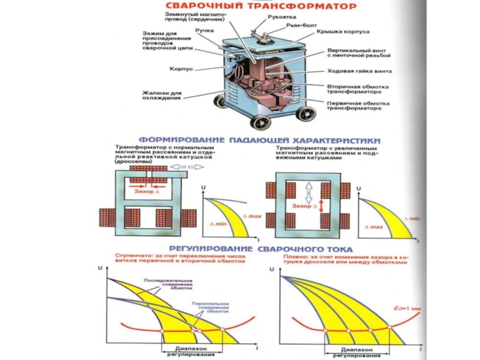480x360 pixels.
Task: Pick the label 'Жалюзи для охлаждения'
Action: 161,95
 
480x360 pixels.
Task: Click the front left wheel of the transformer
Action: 261,122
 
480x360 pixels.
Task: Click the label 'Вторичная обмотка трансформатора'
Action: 354,89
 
